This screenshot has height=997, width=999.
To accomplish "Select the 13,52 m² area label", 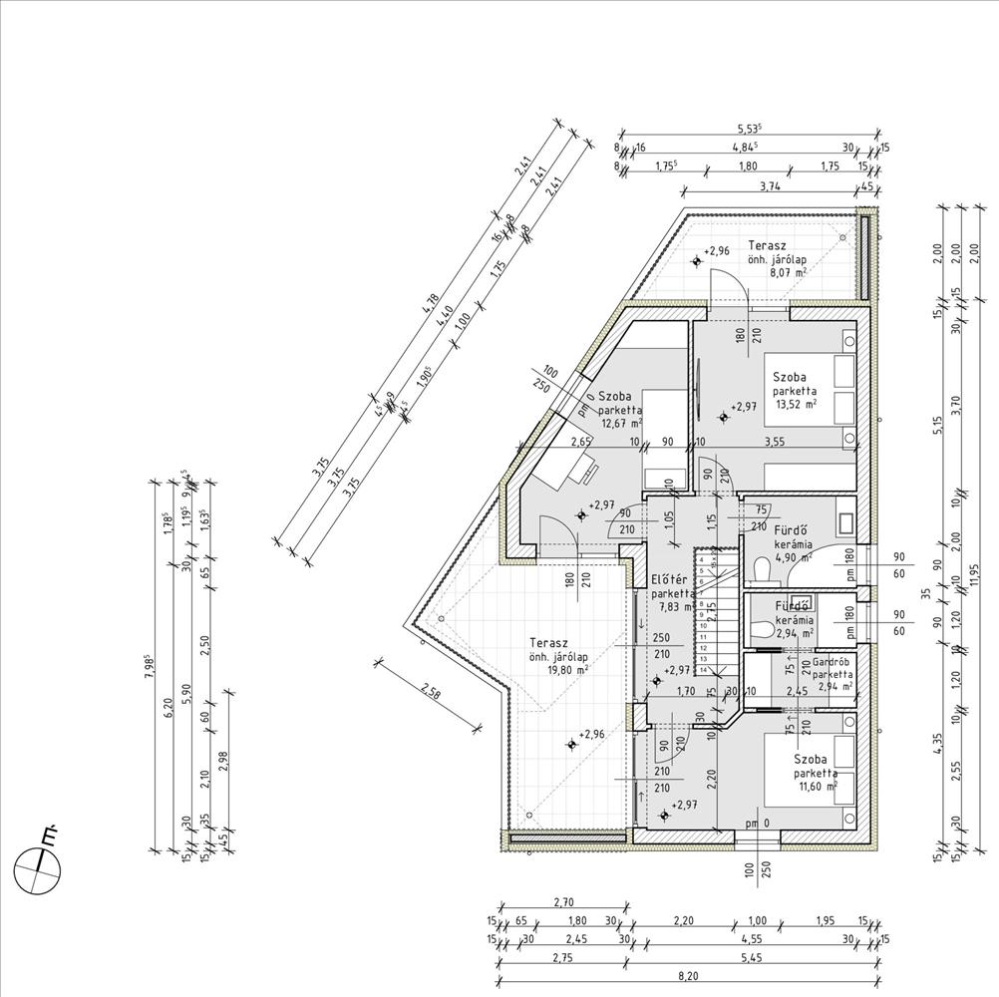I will click(795, 405).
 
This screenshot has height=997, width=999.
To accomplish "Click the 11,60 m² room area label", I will click(816, 786).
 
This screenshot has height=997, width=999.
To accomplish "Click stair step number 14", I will click(704, 671).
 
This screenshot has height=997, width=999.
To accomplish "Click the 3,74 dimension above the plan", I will click(769, 186).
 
